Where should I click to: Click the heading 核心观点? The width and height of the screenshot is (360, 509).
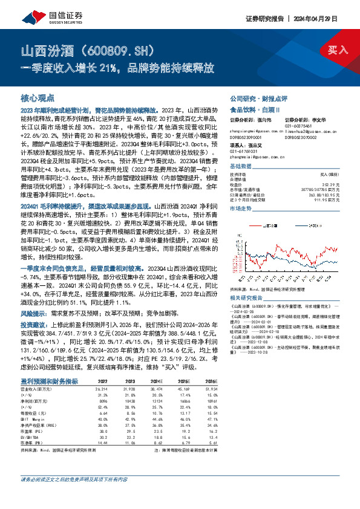coord(38,97)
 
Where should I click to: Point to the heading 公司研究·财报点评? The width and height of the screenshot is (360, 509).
coord(250,98)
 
